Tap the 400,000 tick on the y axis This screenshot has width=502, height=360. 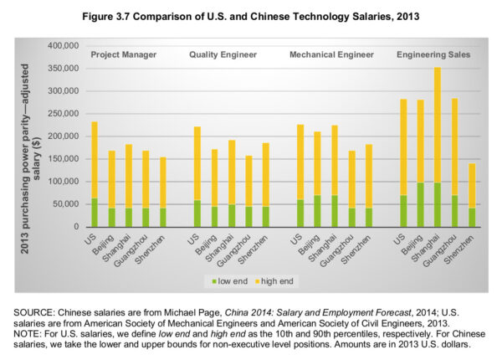pyautogui.click(x=64, y=45)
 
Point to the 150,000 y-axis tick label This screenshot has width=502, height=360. pyautogui.click(x=64, y=159)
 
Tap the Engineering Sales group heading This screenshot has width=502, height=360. pyautogui.click(x=433, y=54)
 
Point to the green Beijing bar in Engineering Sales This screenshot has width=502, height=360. pyautogui.click(x=419, y=204)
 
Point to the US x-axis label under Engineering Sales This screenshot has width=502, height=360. pyautogui.click(x=399, y=239)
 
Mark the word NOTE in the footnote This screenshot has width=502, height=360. pyautogui.click(x=29, y=333)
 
